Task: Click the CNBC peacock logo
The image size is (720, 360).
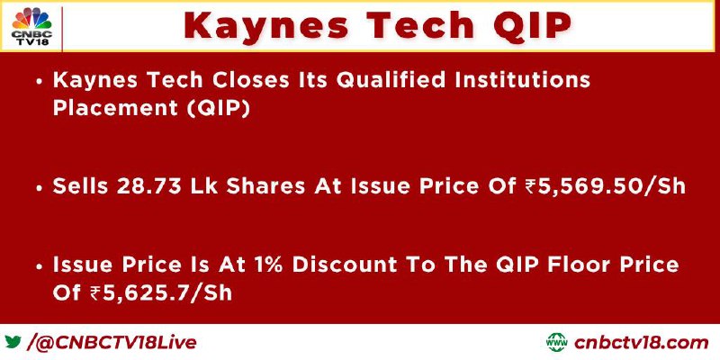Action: (x=32, y=26)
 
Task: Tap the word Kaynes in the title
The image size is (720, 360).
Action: (x=265, y=25)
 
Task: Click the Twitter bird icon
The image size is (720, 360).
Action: (x=13, y=342)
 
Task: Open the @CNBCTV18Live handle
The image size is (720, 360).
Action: (x=116, y=343)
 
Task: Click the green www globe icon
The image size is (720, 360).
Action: (x=556, y=342)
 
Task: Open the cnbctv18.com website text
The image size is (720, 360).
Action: (x=641, y=343)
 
